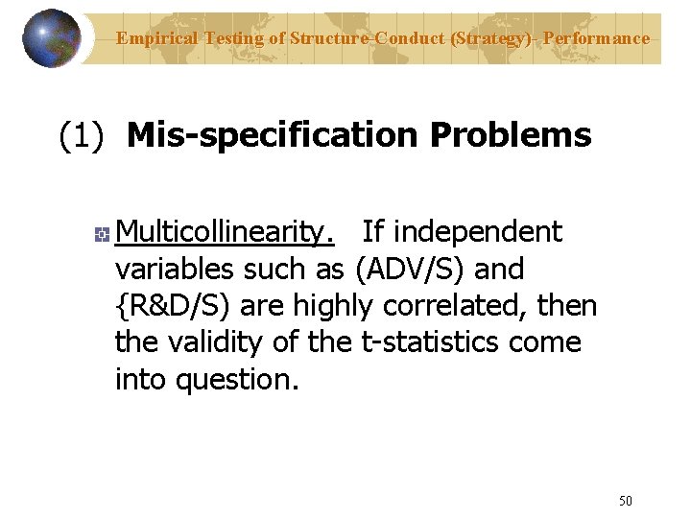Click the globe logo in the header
51,37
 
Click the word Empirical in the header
156,39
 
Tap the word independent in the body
477,232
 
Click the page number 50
626,500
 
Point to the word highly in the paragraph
330,306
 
